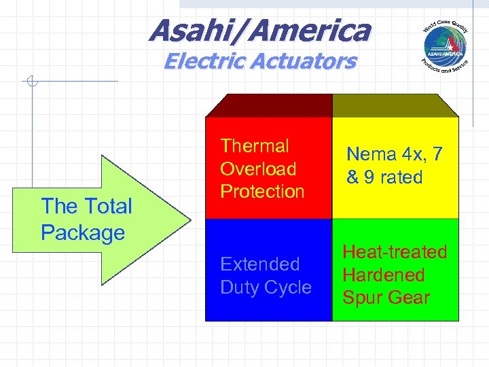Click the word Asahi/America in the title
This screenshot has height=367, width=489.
(259, 30)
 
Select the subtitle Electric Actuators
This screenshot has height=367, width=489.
(259, 61)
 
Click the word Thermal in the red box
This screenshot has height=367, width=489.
(255, 146)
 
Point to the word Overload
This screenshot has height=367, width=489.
(258, 169)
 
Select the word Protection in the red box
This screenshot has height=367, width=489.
(262, 192)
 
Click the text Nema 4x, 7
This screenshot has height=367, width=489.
(394, 154)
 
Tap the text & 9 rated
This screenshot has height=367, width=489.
(384, 177)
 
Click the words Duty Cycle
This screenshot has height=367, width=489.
(266, 287)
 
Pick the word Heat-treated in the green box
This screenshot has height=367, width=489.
(395, 252)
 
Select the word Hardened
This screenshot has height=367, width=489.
(383, 275)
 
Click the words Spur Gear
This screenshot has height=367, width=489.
(386, 298)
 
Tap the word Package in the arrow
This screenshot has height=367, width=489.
(83, 232)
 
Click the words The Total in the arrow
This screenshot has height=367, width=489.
(86, 206)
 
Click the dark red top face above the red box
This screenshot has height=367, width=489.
(269, 105)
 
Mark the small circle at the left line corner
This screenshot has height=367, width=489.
(31, 83)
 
